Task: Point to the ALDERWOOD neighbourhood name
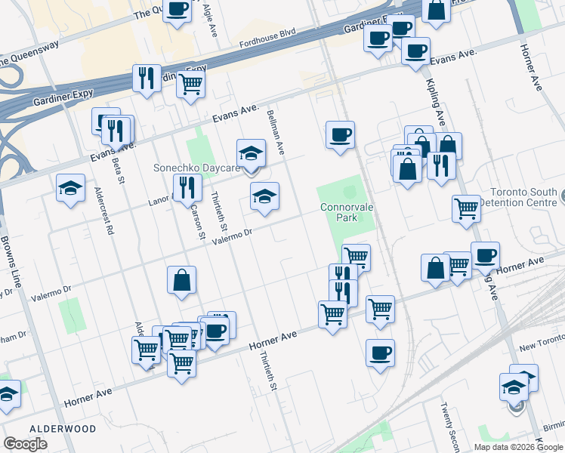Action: pos(63,428)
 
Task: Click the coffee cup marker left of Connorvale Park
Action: pos(340,135)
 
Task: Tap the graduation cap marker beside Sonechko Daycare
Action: pos(251,154)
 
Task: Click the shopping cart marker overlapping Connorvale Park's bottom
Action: pos(356,257)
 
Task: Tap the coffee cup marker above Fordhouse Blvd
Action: pos(177,11)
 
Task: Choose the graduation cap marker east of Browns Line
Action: pos(70,188)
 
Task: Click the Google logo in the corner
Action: pos(25,444)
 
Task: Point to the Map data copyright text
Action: pos(518,447)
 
